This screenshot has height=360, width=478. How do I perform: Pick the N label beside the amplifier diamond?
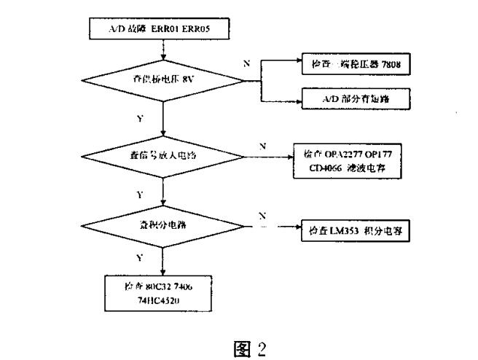[x=261, y=146]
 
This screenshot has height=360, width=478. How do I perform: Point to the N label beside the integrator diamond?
[x=261, y=216]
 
